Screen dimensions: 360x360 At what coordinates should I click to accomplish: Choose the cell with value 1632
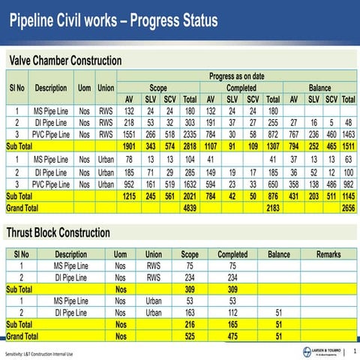tap(190, 184)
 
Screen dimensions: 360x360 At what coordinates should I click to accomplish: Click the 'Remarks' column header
tap(328, 254)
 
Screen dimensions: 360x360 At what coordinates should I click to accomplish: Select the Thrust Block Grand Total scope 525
tap(190, 337)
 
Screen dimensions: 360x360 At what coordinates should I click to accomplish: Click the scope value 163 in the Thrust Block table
tap(190, 312)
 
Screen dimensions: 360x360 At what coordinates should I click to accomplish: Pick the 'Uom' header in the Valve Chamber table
tap(85, 88)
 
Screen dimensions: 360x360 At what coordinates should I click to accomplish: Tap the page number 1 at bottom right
tap(353, 349)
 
